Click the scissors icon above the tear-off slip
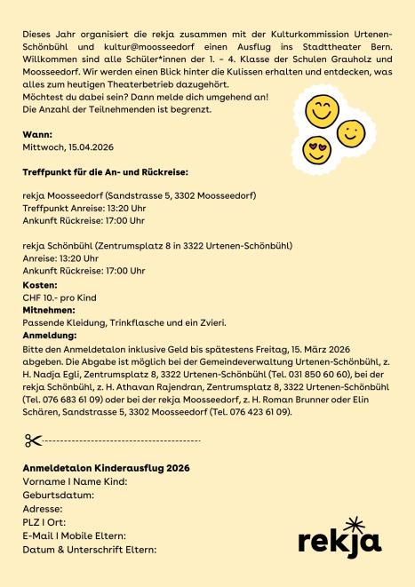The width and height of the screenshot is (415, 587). pos(34,440)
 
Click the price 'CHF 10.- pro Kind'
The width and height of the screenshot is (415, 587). pos(60,297)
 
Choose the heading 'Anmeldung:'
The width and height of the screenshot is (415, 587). pos(49,337)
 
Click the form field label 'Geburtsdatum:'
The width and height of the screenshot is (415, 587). pos(59,495)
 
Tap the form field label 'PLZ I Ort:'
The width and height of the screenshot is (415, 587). pos(44,522)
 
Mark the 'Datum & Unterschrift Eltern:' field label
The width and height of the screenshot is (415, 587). pos(89,550)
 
